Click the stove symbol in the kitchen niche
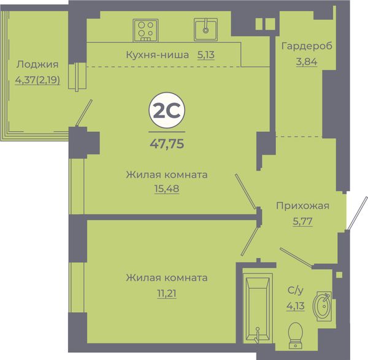point(145,30)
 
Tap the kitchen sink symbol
point(205,29)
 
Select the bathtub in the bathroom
point(258,308)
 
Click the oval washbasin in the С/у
point(322,306)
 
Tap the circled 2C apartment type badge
point(167,110)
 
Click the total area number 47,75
point(167,144)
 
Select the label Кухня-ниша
point(158,55)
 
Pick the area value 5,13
point(206,55)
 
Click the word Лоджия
point(37,64)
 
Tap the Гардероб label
point(307,46)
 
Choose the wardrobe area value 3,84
point(307,62)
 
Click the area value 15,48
point(167,188)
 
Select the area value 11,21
point(167,294)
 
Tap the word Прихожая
point(302,206)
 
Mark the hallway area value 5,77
point(302,221)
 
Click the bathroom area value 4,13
point(296,306)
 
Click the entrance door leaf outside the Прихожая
point(357,213)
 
